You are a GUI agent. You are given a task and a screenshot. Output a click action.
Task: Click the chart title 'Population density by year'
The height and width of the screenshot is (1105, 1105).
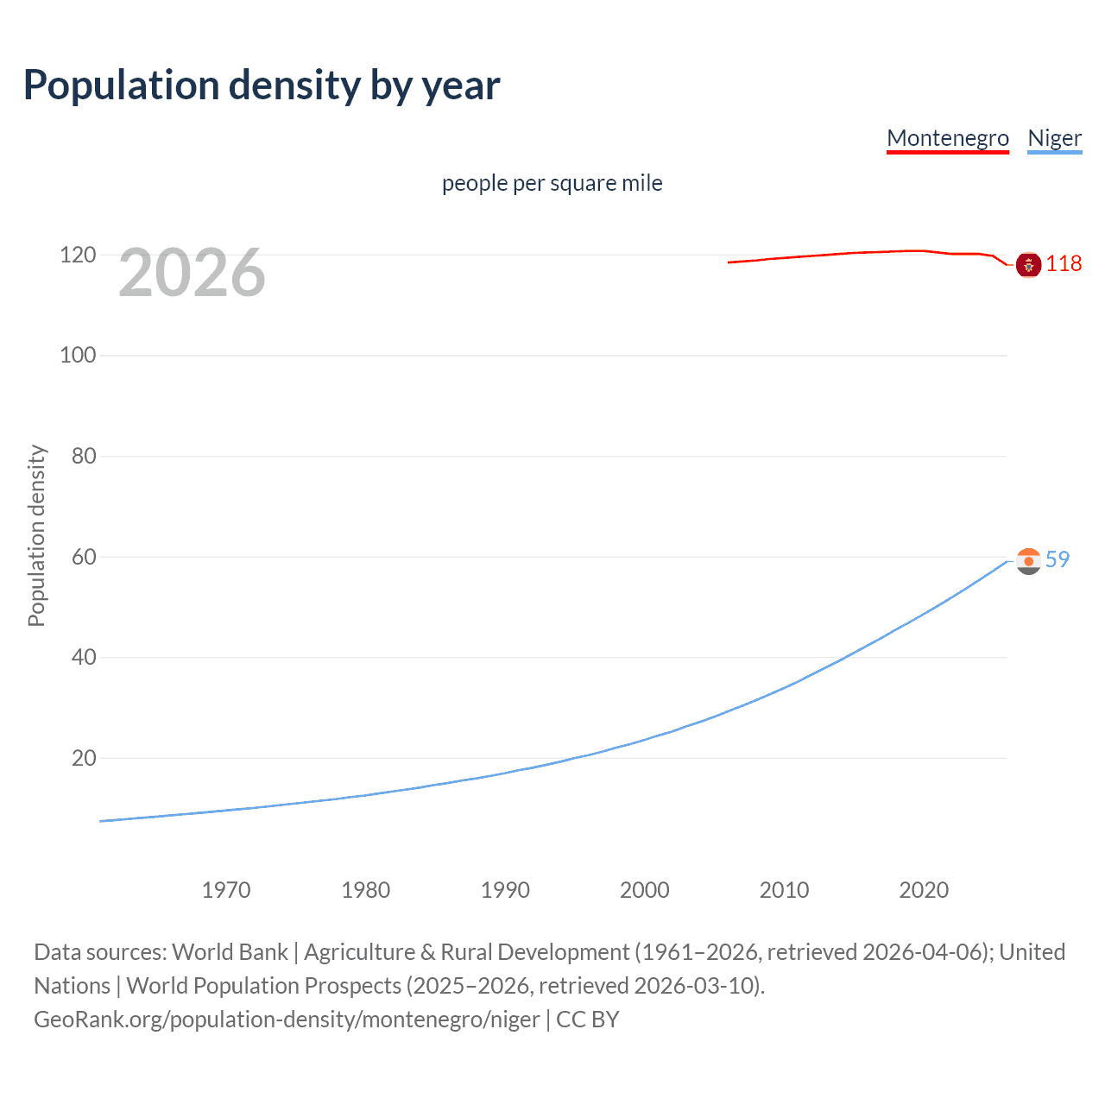click(x=262, y=85)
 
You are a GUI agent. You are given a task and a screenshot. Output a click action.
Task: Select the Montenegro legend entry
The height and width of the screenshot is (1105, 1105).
click(x=947, y=138)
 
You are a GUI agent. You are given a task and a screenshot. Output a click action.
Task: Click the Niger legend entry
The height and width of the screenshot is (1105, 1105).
click(x=1054, y=138)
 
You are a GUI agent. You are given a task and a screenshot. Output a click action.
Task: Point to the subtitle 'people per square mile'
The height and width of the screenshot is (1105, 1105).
click(x=552, y=183)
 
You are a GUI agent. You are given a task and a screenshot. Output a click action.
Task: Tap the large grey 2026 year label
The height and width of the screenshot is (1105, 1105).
click(x=192, y=273)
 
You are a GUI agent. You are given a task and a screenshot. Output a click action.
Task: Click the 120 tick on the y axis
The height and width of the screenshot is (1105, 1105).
click(x=78, y=255)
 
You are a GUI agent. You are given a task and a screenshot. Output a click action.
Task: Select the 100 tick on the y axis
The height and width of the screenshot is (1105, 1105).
click(x=78, y=355)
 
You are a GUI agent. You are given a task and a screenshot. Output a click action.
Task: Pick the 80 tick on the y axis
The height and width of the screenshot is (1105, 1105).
click(x=84, y=456)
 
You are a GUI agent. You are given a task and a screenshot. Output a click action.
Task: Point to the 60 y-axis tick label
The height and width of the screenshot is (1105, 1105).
click(x=84, y=557)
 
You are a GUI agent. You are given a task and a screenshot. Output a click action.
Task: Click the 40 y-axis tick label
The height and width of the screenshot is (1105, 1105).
click(x=84, y=657)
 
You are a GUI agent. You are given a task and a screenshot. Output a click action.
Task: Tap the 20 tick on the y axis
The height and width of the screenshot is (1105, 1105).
click(x=84, y=758)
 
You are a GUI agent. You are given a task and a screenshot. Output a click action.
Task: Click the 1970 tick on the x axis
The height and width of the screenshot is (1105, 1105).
click(x=226, y=890)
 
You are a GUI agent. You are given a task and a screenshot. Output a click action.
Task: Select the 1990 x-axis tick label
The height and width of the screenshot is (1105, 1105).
click(x=505, y=890)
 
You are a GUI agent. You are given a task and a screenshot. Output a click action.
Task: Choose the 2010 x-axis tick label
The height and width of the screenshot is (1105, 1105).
click(x=784, y=890)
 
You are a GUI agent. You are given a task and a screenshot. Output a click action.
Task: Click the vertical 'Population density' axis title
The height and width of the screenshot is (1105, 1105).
click(x=36, y=535)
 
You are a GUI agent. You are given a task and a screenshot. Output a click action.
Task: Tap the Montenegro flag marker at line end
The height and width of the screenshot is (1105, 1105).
click(x=1028, y=264)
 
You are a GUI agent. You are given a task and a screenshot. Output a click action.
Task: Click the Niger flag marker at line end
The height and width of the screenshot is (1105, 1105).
click(x=1028, y=561)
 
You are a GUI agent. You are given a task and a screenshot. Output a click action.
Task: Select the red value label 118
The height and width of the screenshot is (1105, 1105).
click(x=1064, y=264)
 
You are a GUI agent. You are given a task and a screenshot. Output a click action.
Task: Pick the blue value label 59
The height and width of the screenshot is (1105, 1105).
click(x=1058, y=559)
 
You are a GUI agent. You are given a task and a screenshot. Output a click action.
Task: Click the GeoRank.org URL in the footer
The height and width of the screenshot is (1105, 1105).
click(x=287, y=1020)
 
